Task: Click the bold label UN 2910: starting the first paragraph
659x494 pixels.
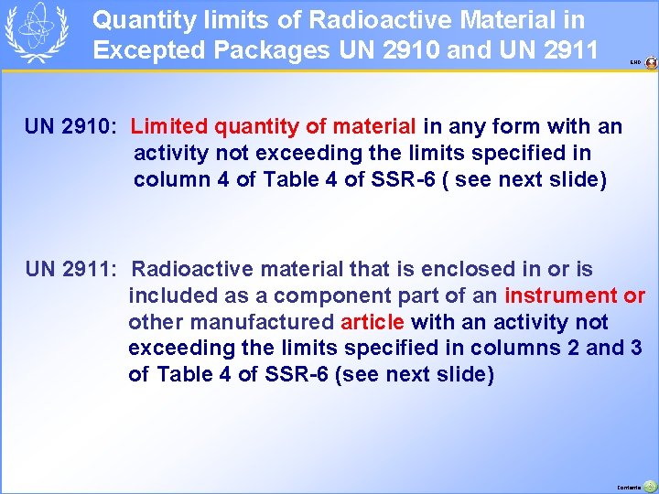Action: click(70, 126)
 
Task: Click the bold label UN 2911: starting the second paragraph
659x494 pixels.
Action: click(70, 269)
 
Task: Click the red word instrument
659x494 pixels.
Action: click(561, 295)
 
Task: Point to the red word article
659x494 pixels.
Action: click(373, 322)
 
